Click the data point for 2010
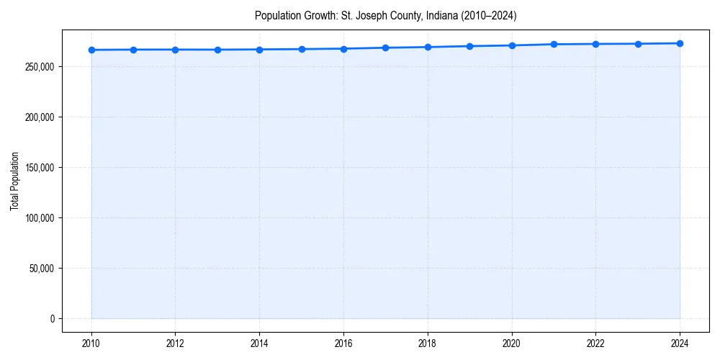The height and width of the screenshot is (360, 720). click(x=91, y=50)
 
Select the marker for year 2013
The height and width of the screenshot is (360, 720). click(x=217, y=50)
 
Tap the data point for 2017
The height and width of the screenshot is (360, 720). click(x=386, y=48)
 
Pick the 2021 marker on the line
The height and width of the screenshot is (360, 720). click(x=554, y=44)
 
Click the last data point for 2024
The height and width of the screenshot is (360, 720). click(x=680, y=43)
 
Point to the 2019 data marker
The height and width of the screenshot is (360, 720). click(x=469, y=46)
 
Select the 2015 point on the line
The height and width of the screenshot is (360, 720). click(x=302, y=49)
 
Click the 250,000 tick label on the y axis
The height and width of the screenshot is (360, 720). click(x=41, y=67)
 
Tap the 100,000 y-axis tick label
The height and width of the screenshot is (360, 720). click(x=41, y=218)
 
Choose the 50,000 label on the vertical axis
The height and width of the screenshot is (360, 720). click(x=43, y=269)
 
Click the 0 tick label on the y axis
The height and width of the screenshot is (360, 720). click(x=53, y=319)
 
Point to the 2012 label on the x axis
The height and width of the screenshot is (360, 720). click(x=175, y=343)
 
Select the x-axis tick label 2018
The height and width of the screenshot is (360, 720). click(x=428, y=343)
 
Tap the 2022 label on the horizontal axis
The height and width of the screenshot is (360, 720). click(x=595, y=343)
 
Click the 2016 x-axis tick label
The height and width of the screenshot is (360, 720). click(x=343, y=343)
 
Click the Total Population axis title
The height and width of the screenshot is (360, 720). click(x=14, y=181)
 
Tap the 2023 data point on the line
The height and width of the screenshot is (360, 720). click(x=638, y=44)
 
